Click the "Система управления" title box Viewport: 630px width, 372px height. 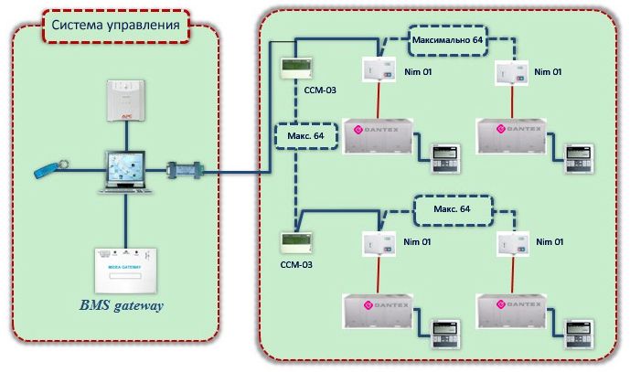(114, 25)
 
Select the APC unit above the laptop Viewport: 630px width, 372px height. (126, 101)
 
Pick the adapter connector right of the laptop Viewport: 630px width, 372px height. (187, 171)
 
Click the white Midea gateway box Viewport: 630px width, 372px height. (125, 265)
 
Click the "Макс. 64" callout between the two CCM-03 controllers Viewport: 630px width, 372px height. (305, 136)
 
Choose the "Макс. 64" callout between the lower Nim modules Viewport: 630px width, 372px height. (452, 209)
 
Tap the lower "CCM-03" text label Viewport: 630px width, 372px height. (296, 264)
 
